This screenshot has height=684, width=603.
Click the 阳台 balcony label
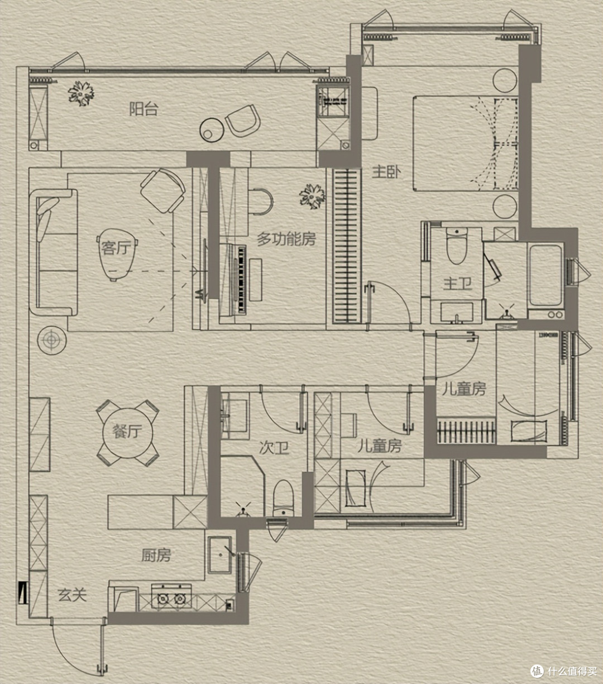click(x=144, y=109)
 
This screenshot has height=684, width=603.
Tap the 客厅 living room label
click(x=115, y=248)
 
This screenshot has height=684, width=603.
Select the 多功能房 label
click(x=286, y=239)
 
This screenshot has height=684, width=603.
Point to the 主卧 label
click(x=386, y=172)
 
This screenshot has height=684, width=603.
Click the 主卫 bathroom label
click(x=457, y=284)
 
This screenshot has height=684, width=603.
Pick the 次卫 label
click(x=274, y=448)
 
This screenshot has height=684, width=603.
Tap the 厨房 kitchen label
click(x=156, y=555)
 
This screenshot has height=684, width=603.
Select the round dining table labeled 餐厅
click(x=128, y=433)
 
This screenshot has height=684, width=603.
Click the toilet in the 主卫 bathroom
click(x=456, y=246)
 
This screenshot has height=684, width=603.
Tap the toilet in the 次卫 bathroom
click(x=283, y=499)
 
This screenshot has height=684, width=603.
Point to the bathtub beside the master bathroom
click(x=545, y=275)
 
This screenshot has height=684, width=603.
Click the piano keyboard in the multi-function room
click(x=241, y=279)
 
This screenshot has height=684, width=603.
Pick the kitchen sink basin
click(x=220, y=555)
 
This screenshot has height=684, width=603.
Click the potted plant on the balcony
click(x=82, y=93)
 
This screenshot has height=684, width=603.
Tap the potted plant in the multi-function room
click(x=312, y=196)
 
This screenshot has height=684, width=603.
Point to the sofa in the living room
click(x=54, y=252)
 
